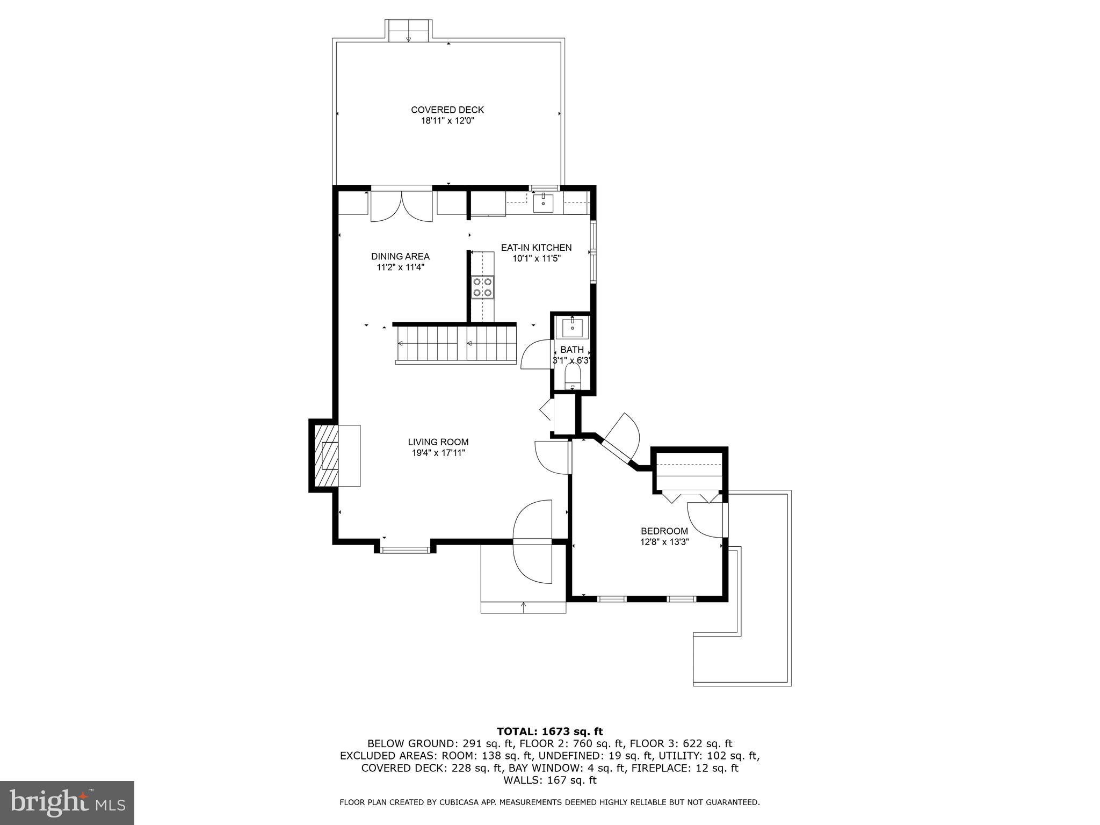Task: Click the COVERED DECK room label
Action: (x=447, y=110)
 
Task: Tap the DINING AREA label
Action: (x=400, y=256)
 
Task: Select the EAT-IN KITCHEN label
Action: (x=536, y=248)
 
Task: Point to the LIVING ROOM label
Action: (x=438, y=442)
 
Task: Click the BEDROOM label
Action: (x=664, y=531)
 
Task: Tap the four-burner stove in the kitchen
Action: (x=482, y=287)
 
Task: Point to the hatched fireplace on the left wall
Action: (x=326, y=455)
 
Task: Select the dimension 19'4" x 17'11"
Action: (x=438, y=453)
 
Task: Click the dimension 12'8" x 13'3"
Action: (x=664, y=542)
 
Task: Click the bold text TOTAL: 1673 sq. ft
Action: (x=549, y=732)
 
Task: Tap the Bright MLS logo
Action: (x=67, y=803)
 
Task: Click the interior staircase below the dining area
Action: (x=455, y=344)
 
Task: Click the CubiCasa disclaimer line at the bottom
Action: (x=549, y=802)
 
